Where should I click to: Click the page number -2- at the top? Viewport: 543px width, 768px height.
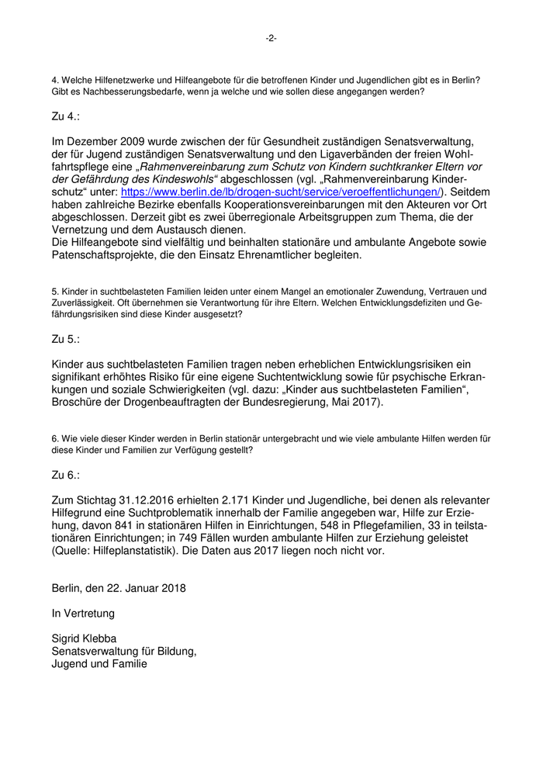coord(271,38)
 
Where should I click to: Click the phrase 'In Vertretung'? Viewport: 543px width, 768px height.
coord(83,613)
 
